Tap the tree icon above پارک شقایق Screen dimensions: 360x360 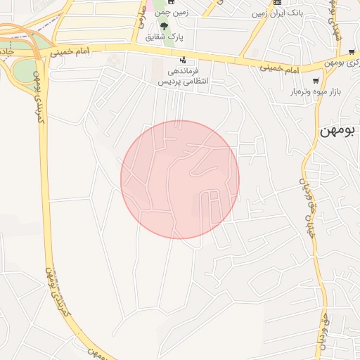tap(165, 26)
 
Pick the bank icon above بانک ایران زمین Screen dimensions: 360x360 tap(277, 2)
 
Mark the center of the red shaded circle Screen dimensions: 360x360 tap(180, 179)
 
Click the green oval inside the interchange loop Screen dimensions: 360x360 tap(23, 71)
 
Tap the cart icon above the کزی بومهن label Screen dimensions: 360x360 tap(328, 63)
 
